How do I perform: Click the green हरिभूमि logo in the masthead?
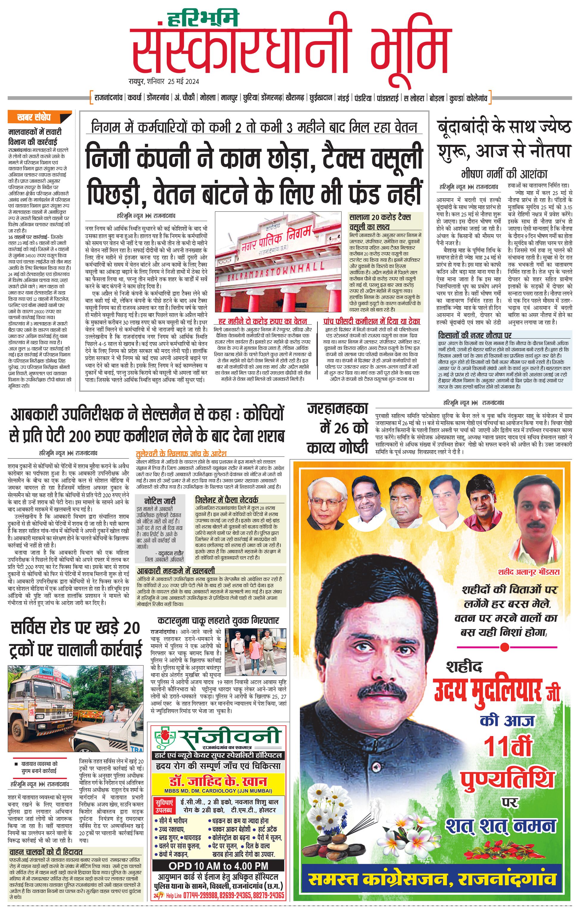click(203, 18)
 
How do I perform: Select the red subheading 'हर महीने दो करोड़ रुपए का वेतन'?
click(262, 321)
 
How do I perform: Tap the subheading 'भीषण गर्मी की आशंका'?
click(504, 174)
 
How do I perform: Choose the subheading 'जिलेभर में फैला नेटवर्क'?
click(226, 500)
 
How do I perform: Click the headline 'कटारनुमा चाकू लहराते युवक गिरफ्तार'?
click(218, 620)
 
